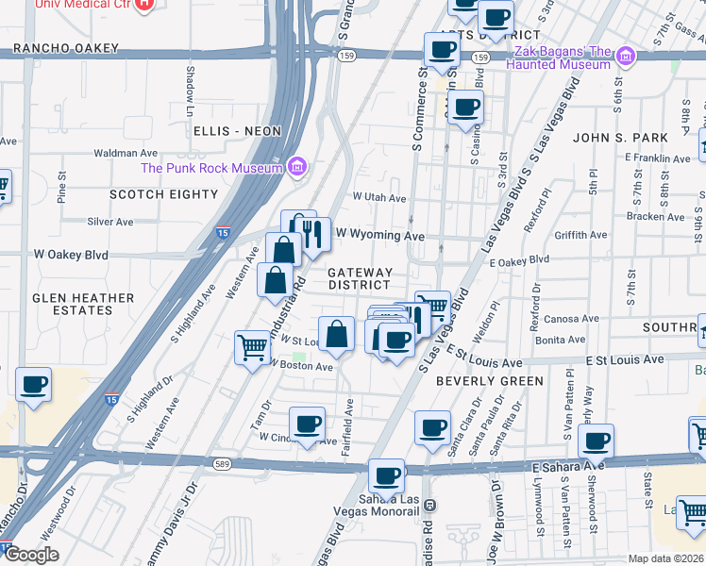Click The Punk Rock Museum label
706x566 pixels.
click(x=211, y=168)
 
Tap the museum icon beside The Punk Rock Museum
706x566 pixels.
click(x=297, y=168)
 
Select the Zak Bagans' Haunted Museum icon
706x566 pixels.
click(x=624, y=58)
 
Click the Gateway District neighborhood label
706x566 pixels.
click(x=359, y=278)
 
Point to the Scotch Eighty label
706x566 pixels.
click(x=164, y=194)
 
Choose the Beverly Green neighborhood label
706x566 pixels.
click(x=490, y=381)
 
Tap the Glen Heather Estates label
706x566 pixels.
click(x=83, y=304)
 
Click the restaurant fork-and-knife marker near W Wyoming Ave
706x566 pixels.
click(x=315, y=234)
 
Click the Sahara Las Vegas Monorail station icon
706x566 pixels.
click(x=429, y=505)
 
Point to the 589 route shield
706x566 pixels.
click(x=222, y=464)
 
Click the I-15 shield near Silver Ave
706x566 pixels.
click(x=222, y=232)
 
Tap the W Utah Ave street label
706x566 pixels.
click(x=378, y=198)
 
